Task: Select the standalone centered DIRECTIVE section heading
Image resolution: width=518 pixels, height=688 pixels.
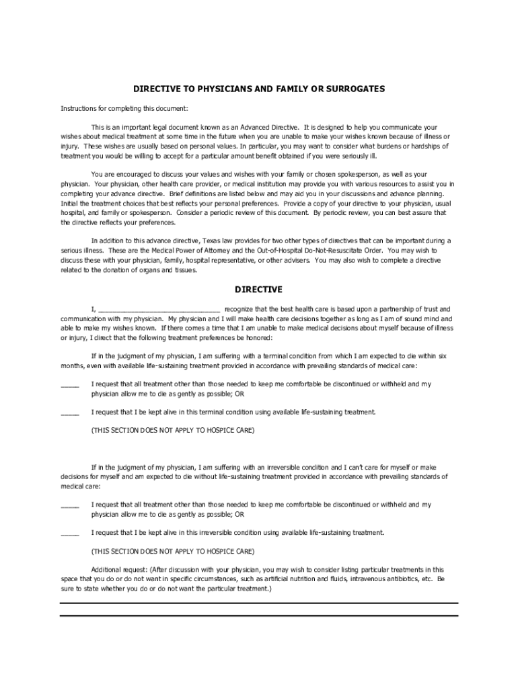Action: pyautogui.click(x=258, y=290)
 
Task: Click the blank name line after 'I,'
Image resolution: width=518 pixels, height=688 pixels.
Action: pyautogui.click(x=159, y=309)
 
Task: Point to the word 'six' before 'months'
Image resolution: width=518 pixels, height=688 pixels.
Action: pyautogui.click(x=443, y=356)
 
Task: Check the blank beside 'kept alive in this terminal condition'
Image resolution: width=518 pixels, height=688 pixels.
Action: pyautogui.click(x=70, y=413)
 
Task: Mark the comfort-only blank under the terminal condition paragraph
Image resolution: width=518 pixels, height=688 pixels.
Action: pyautogui.click(x=70, y=384)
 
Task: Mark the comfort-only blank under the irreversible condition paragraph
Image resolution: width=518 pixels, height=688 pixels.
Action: pyautogui.click(x=70, y=505)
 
